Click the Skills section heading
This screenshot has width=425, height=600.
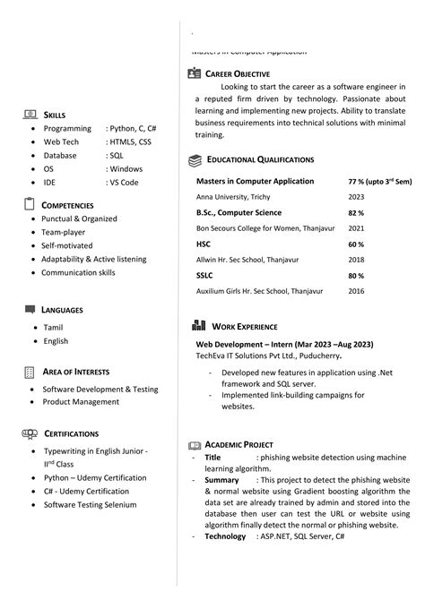54,116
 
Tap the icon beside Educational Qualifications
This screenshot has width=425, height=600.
195,159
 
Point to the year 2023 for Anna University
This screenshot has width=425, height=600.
356,196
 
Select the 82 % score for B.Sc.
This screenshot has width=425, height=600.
356,213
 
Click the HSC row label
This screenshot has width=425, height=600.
204,244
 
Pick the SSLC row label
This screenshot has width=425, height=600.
204,275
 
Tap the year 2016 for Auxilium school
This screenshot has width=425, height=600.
356,291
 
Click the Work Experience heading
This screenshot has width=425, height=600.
245,327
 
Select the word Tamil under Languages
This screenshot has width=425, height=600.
53,328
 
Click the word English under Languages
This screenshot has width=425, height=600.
56,341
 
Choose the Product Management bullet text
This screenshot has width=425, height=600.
81,402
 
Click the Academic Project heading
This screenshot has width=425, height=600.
239,444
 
